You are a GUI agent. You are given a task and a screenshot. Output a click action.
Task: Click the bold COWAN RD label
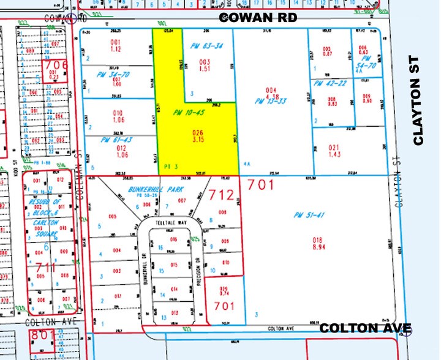tap(258, 18)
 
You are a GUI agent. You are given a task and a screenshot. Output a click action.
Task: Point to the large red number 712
tap(221, 195)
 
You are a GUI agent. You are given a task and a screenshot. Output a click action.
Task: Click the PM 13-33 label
tap(271, 102)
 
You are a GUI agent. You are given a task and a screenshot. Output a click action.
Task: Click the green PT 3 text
tap(172, 166)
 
